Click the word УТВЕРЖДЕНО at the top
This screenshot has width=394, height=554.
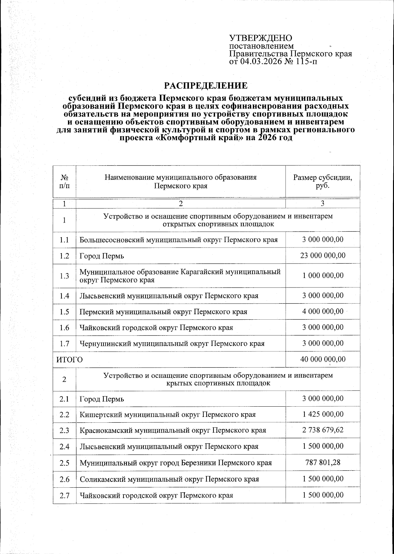260,38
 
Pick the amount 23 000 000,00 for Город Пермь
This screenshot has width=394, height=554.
322,255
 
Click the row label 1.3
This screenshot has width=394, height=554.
64,276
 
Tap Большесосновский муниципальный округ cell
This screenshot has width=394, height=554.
179,240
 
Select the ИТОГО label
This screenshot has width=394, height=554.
68,359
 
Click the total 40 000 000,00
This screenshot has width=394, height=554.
322,359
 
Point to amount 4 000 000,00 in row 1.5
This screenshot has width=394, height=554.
322,311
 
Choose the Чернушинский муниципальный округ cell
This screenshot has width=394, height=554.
172,344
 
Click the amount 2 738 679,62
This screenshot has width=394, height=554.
322,430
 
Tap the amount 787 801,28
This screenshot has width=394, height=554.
322,462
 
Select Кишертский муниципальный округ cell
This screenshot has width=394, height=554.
168,415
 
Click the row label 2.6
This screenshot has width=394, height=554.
64,479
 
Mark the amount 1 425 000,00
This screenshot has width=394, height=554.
322,414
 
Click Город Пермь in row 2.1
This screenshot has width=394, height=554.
102,399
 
